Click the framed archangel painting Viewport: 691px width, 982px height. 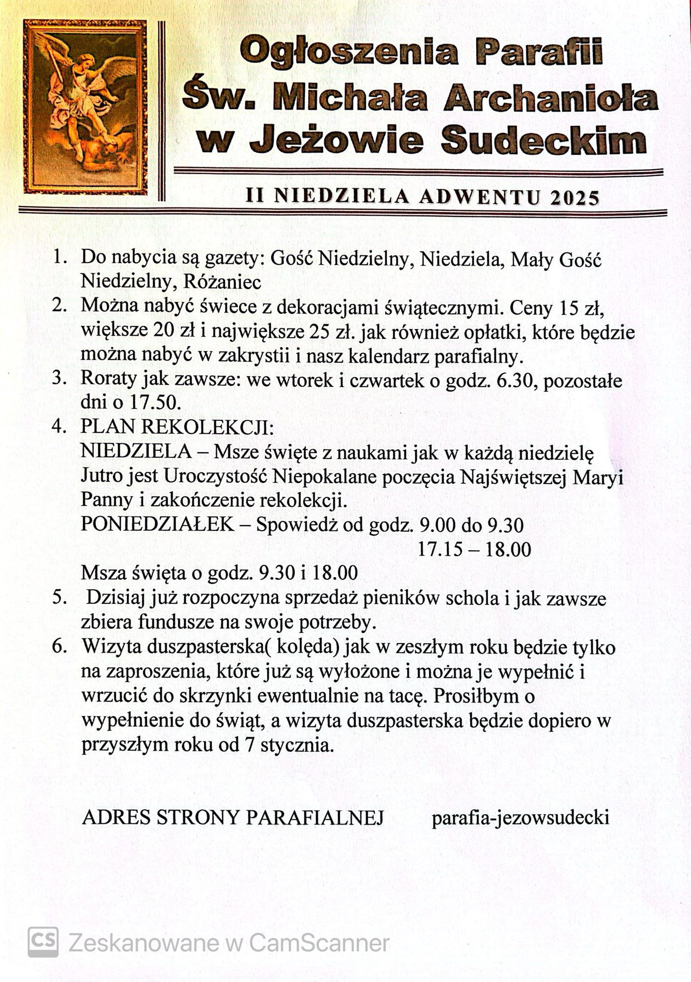(85, 107)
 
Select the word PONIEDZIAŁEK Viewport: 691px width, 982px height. (157, 525)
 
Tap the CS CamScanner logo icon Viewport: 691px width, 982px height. (43, 942)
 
